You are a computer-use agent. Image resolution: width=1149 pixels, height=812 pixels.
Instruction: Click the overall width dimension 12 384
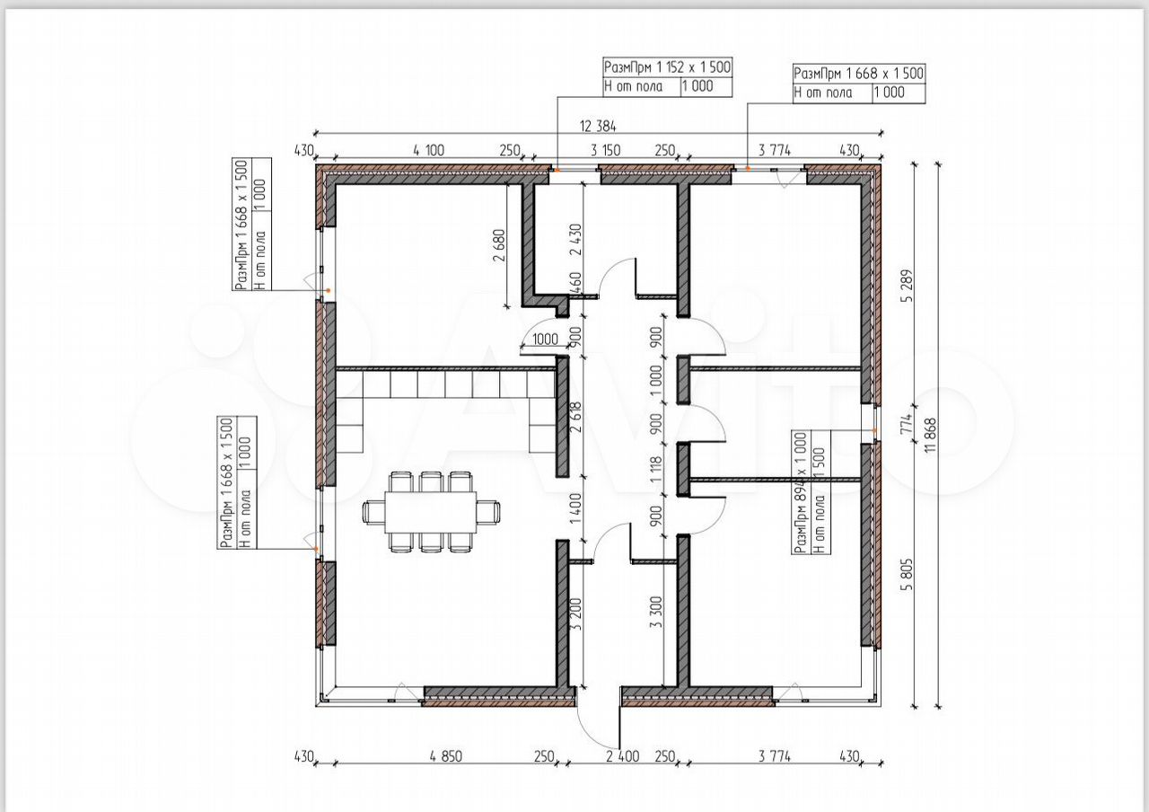pyautogui.click(x=598, y=126)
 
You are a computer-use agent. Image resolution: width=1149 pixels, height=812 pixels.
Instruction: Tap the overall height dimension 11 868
pyautogui.click(x=932, y=435)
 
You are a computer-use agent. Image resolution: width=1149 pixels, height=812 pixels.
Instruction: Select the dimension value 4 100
pyautogui.click(x=428, y=150)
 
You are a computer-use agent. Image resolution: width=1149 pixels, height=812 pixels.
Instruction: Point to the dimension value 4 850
pyautogui.click(x=446, y=756)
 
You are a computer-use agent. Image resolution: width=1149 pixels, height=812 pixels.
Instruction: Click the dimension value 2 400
pyautogui.click(x=623, y=756)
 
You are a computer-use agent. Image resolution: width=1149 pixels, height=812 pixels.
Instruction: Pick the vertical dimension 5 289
pyautogui.click(x=907, y=286)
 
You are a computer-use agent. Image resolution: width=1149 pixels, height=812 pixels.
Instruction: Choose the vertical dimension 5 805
pyautogui.click(x=907, y=574)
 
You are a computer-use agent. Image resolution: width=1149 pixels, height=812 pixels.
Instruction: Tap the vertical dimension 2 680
pyautogui.click(x=500, y=245)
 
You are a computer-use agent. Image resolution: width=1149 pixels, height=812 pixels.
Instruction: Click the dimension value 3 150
pyautogui.click(x=605, y=150)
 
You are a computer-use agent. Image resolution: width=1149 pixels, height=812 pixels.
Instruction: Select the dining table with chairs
pyautogui.click(x=431, y=512)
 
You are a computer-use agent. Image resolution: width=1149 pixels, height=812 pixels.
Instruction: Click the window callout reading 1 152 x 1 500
pyautogui.click(x=667, y=67)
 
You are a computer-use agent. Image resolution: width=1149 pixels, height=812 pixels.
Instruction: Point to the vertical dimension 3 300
pyautogui.click(x=656, y=612)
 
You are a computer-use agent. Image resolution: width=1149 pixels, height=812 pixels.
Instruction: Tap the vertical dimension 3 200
pyautogui.click(x=575, y=613)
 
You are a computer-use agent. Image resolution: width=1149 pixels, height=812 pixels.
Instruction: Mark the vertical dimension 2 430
pyautogui.click(x=575, y=239)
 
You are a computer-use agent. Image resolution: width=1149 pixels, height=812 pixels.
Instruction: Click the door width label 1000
pyautogui.click(x=545, y=340)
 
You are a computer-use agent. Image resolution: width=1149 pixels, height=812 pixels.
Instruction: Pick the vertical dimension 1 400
pyautogui.click(x=575, y=508)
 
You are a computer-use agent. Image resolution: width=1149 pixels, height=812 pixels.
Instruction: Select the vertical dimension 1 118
pyautogui.click(x=656, y=470)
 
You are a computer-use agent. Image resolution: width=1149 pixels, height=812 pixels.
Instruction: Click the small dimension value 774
pyautogui.click(x=907, y=424)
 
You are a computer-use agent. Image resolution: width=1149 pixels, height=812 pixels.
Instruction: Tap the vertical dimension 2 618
pyautogui.click(x=575, y=419)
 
